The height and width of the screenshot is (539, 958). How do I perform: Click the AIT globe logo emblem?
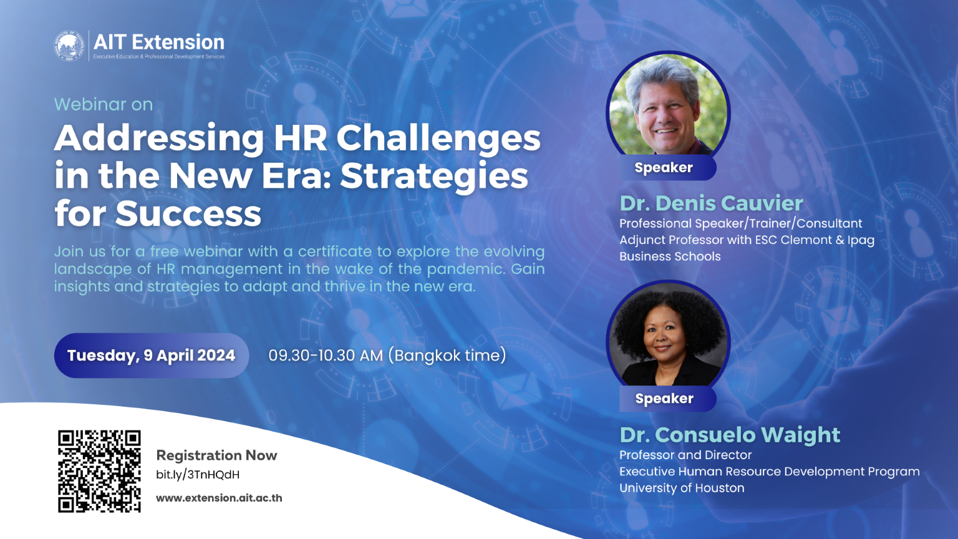[x=69, y=46]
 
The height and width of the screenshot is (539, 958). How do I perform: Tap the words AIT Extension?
[x=159, y=42]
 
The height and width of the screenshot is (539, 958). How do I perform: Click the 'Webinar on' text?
[x=104, y=104]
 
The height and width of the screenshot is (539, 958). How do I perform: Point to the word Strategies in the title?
[x=434, y=176]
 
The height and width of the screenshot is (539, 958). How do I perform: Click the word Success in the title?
[x=188, y=214]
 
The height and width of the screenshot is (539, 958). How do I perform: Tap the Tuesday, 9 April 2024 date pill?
[x=151, y=356]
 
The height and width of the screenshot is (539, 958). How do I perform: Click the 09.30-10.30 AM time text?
[x=326, y=356]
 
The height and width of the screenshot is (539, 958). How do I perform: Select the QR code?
[x=100, y=471]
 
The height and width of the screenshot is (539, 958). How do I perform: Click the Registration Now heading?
[x=216, y=455]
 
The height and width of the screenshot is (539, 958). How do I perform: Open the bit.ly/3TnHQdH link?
[x=198, y=475]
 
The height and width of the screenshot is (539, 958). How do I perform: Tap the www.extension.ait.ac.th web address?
[x=219, y=498]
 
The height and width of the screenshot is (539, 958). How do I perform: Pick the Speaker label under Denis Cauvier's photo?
[x=664, y=168]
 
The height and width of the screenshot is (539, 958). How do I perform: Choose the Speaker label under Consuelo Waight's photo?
[x=664, y=399]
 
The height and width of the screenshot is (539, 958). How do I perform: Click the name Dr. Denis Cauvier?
[x=711, y=203]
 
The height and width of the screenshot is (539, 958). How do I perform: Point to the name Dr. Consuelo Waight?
[x=730, y=435]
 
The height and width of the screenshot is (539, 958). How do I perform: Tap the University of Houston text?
[x=682, y=488]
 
